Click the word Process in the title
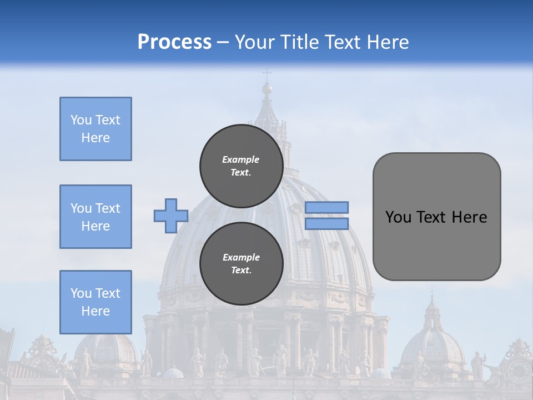[174, 42]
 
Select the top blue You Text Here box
[95, 129]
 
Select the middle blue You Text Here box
[95, 217]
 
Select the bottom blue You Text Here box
[95, 302]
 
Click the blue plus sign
[171, 216]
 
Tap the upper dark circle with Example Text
[241, 166]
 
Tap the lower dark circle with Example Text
[241, 264]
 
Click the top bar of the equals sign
[327, 207]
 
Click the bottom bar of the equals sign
[327, 224]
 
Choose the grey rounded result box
[436, 217]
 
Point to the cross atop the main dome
[267, 73]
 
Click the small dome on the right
[433, 344]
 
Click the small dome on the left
[108, 350]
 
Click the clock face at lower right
[519, 368]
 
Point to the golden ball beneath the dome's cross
[267, 88]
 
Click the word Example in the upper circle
[241, 159]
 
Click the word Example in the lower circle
[241, 257]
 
